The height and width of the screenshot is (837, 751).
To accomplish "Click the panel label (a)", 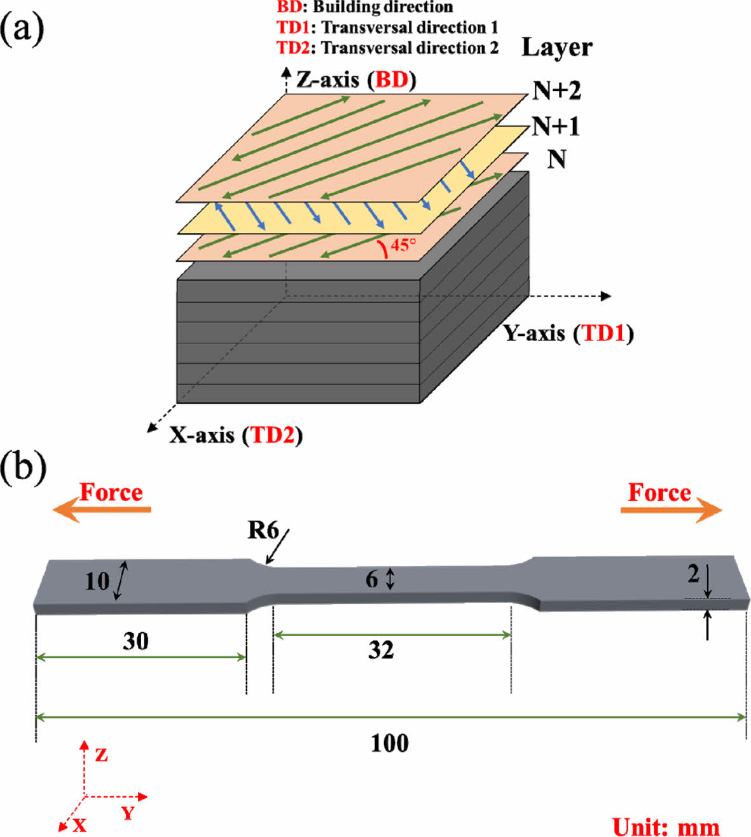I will pos(22,29).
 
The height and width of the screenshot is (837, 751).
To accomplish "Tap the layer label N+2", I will pos(556,91).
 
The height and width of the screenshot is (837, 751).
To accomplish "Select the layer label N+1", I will pos(556,127).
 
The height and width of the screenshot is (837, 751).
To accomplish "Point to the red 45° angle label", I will pos(403,245).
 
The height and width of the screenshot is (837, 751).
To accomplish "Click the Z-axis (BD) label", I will pos(356,80).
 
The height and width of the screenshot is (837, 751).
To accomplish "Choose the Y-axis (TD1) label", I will pos(568,333).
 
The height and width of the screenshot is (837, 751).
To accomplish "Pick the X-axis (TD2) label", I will pos(235,435).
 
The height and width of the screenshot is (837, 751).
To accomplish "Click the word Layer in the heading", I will pos(556,48).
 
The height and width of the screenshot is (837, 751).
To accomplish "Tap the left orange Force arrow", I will pos(102,509).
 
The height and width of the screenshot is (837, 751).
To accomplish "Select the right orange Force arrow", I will pos(672,509).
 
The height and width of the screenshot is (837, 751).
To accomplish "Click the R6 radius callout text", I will pos(263,529).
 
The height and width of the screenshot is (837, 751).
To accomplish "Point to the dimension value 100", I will pos(390,742).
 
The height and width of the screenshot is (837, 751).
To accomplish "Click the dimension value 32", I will pos(381,650).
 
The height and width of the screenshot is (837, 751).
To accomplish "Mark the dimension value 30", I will pos(135,641).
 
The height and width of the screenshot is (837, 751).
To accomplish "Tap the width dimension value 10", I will pos(97,581).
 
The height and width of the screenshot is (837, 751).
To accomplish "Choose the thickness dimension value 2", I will pos(693,574).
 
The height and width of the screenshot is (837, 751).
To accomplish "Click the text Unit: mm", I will pos(666,827).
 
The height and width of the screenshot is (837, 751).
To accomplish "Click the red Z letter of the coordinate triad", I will pos(101,756).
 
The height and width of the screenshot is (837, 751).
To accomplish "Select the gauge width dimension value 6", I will pos(372,579).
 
